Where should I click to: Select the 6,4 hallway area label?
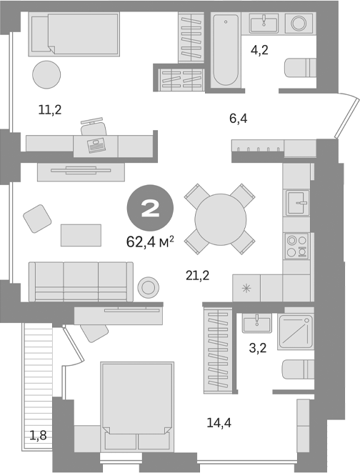[x=238, y=117]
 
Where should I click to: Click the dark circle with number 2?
[x=151, y=209]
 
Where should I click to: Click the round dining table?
[x=220, y=219]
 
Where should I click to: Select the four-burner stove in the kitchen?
[x=296, y=245]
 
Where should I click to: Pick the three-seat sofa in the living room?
[x=80, y=281]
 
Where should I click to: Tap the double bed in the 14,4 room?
[x=137, y=399]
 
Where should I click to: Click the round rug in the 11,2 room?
[x=48, y=74]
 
